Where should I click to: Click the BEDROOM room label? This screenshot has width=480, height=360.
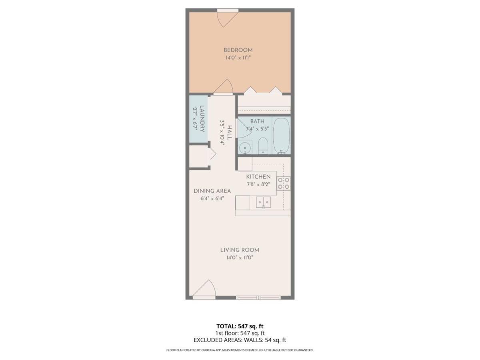[238, 50]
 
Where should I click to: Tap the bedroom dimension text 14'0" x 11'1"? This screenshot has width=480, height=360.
[238, 58]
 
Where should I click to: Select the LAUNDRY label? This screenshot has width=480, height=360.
[202, 119]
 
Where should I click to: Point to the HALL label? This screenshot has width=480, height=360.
[230, 133]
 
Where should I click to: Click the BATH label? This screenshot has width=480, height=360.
[257, 121]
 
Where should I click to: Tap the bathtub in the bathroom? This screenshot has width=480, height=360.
[281, 136]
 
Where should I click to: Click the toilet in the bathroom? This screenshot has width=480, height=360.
[263, 146]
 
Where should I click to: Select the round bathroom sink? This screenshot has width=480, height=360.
[245, 148]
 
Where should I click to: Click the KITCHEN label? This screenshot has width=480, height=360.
[258, 177]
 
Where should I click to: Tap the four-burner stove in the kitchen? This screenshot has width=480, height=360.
[284, 183]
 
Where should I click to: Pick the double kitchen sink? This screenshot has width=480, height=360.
[263, 202]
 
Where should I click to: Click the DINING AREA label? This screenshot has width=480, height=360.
[212, 191]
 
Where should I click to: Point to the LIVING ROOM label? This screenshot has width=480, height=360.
[240, 250]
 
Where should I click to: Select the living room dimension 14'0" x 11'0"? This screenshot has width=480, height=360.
[240, 258]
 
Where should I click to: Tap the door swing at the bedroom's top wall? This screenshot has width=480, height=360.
[228, 20]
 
